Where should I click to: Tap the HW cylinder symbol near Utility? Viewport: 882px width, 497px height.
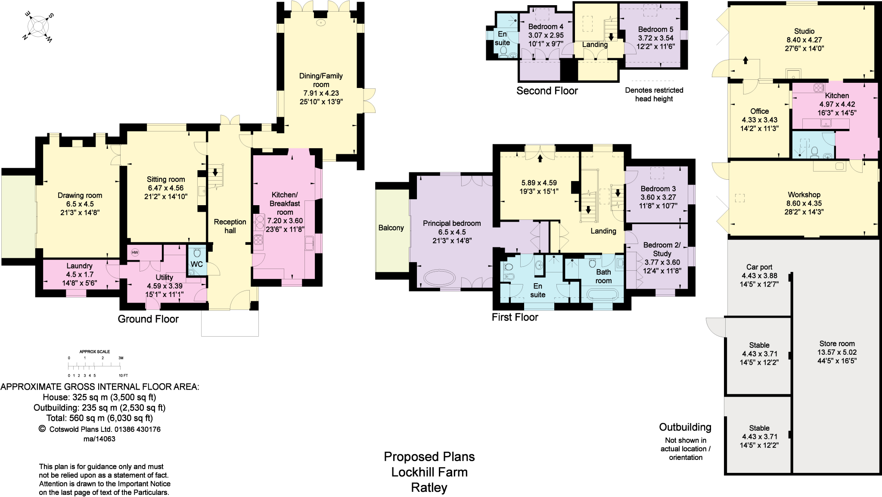(135, 253)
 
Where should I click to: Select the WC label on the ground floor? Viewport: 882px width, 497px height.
(196, 264)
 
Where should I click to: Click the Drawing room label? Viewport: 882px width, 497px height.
(80, 195)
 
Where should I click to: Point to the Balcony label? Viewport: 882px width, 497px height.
(391, 228)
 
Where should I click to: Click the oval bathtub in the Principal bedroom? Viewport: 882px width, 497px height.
(439, 278)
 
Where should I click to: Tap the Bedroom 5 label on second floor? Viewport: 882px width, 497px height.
(655, 29)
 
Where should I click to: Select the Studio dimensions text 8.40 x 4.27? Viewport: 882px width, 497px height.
(804, 40)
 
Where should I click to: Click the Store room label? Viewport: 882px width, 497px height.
(837, 344)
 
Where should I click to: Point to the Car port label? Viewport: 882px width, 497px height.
(759, 267)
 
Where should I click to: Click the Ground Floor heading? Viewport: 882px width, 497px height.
(148, 319)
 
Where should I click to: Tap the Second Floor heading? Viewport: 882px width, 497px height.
(547, 91)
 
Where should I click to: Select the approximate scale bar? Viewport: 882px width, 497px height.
(95, 366)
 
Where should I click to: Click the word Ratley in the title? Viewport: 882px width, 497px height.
(429, 488)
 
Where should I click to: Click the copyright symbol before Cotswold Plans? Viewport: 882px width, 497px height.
(42, 429)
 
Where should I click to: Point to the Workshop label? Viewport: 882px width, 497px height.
(804, 195)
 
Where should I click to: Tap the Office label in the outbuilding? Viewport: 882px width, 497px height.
(759, 111)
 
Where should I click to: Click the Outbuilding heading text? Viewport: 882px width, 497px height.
(685, 427)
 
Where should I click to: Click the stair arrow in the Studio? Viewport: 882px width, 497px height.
(745, 60)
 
